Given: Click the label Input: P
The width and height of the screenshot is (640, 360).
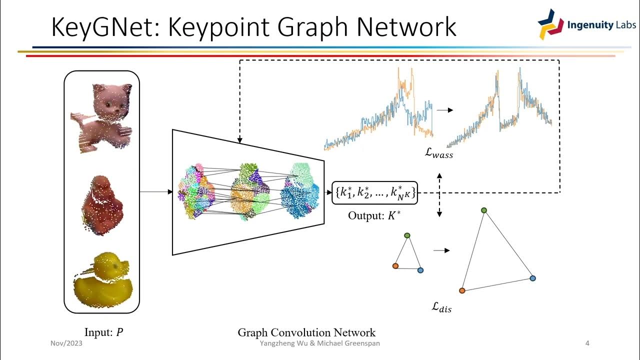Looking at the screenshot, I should pyautogui.click(x=104, y=332).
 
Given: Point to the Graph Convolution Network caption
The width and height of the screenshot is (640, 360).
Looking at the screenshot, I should pyautogui.click(x=306, y=332).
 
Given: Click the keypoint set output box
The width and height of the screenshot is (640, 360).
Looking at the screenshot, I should pyautogui.click(x=374, y=192).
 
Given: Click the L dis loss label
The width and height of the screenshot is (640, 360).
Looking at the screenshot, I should pyautogui.click(x=441, y=307).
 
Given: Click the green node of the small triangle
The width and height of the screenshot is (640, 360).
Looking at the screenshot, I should pyautogui.click(x=407, y=235).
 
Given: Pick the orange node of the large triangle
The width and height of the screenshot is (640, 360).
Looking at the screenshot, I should pyautogui.click(x=462, y=290).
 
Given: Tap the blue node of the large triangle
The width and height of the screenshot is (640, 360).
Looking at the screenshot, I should pyautogui.click(x=532, y=278).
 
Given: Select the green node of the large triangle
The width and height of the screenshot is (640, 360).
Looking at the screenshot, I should pyautogui.click(x=484, y=210).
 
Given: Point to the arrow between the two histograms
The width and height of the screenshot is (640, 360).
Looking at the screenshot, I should pyautogui.click(x=444, y=109).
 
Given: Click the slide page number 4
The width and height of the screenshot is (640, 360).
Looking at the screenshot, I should pyautogui.click(x=587, y=343).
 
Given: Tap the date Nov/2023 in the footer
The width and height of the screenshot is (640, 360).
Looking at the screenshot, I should pyautogui.click(x=66, y=343).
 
